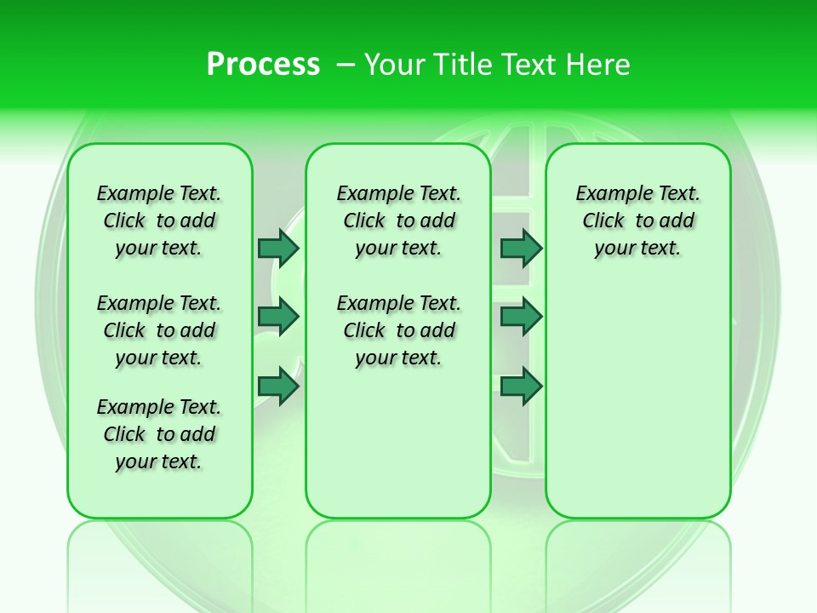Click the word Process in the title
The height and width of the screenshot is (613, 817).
[x=263, y=65]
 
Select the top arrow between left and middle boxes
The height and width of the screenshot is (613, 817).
[x=278, y=248]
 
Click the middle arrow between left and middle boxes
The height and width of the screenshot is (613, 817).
[x=278, y=317]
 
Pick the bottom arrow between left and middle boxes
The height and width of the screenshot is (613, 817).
[x=278, y=387]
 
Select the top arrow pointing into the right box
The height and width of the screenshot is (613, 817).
[x=521, y=248]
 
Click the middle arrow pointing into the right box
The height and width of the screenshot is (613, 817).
[x=521, y=317]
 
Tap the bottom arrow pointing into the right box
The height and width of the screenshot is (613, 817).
[x=521, y=387]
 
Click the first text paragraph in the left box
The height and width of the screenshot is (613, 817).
[x=159, y=221]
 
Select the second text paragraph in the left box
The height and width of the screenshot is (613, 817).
[x=159, y=330]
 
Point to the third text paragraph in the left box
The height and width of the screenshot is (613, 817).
[x=159, y=434]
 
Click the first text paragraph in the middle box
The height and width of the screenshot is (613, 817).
[x=398, y=221]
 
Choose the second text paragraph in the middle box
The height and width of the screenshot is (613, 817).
[x=398, y=330]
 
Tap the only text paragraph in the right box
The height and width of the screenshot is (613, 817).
[x=638, y=221]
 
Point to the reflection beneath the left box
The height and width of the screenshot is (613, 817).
[x=160, y=562]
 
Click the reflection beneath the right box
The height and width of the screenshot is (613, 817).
[x=638, y=562]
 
